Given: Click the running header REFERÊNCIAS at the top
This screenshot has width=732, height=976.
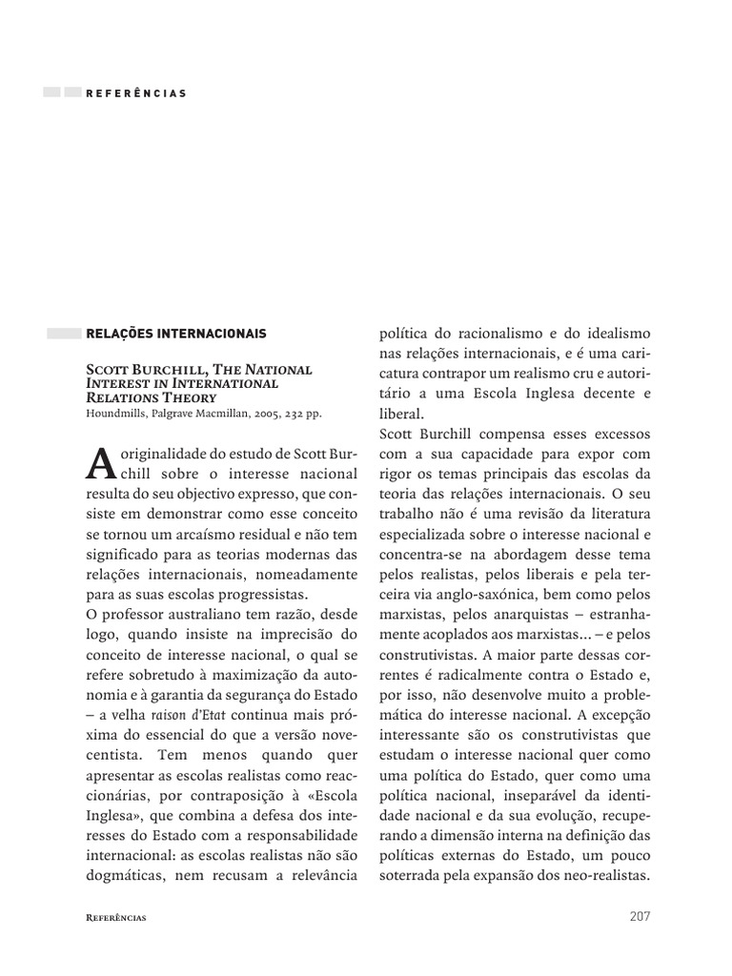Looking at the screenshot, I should click(x=135, y=93).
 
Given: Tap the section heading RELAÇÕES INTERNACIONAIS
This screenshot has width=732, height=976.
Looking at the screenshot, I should click(x=176, y=334).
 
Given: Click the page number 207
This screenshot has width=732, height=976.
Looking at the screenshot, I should click(x=640, y=916).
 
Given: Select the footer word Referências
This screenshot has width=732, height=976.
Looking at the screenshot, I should click(x=115, y=917).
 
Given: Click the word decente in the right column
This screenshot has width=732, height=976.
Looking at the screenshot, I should click(x=598, y=394).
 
